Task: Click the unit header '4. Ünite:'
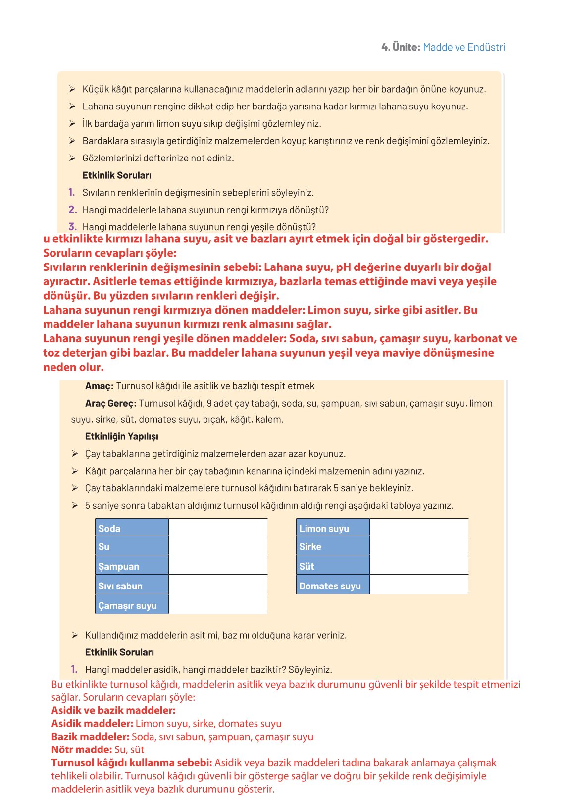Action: (x=401, y=47)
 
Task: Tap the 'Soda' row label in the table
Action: (x=109, y=528)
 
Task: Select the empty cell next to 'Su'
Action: (x=217, y=546)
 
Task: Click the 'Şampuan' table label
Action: (x=119, y=566)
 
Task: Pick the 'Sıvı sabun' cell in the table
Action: (x=120, y=586)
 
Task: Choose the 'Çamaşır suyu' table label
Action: (x=127, y=605)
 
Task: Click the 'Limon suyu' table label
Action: (x=324, y=528)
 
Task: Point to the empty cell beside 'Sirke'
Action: (x=418, y=546)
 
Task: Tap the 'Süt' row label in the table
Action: (x=306, y=566)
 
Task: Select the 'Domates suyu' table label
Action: (x=330, y=586)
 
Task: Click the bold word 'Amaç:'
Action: (x=99, y=386)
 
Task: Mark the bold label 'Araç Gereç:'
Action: (x=110, y=403)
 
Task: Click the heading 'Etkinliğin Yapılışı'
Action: (x=121, y=436)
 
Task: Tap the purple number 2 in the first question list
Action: (x=72, y=210)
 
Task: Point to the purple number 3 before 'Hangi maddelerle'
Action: (x=72, y=227)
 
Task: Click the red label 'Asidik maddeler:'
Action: (x=92, y=724)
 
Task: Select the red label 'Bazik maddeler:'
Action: (x=90, y=737)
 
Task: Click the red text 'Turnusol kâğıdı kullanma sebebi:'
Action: (x=132, y=763)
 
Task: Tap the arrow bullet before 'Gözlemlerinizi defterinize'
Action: (x=72, y=158)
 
